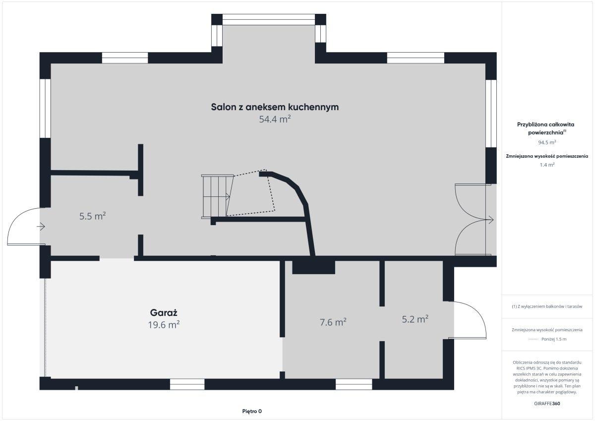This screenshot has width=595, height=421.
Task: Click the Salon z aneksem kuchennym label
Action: click(x=275, y=107)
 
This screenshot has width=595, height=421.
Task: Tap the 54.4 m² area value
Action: click(x=275, y=119)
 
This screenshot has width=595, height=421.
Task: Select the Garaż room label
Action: click(x=164, y=312)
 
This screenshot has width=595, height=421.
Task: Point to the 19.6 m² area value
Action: click(x=164, y=325)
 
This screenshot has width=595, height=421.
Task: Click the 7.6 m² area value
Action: click(x=333, y=322)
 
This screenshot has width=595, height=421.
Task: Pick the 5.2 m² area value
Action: click(x=415, y=319)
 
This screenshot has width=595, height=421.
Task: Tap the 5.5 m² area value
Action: click(x=92, y=216)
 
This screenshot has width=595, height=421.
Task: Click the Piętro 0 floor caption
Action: click(x=252, y=411)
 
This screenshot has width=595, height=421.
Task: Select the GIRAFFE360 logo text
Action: click(x=547, y=404)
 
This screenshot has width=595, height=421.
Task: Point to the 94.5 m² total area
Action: click(x=547, y=142)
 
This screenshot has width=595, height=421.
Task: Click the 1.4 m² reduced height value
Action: click(x=547, y=165)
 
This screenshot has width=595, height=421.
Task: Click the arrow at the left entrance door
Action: click(x=41, y=227)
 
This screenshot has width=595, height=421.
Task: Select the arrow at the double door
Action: click(x=489, y=220)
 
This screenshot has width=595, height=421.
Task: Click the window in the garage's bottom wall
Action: click(x=187, y=384)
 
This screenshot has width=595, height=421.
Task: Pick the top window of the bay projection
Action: click(x=269, y=20)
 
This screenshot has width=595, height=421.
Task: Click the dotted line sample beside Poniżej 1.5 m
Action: click(x=533, y=339)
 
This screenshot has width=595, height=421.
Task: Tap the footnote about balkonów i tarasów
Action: click(x=547, y=306)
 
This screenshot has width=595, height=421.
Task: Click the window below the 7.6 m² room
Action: click(x=354, y=384)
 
